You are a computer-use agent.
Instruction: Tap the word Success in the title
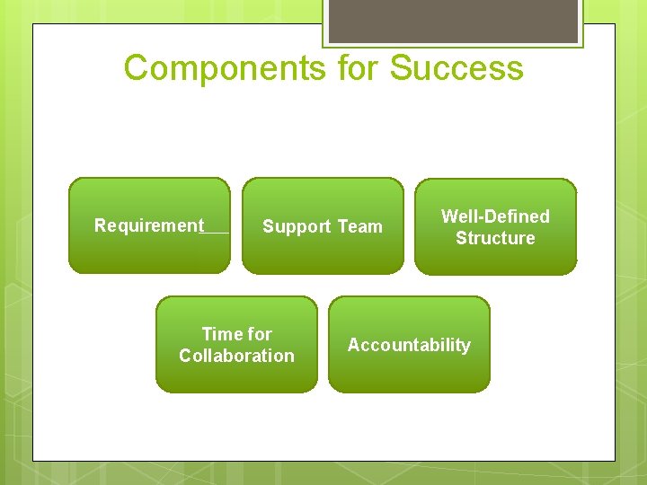(x=456, y=68)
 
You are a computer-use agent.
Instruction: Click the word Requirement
(x=149, y=225)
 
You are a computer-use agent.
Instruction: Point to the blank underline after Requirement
(x=217, y=230)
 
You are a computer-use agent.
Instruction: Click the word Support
(x=297, y=227)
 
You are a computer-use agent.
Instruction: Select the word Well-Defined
(x=495, y=216)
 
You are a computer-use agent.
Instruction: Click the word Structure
(x=495, y=238)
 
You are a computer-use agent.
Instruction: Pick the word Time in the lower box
(x=224, y=334)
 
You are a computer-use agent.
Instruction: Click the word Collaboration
(x=236, y=356)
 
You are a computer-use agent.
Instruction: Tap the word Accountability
(x=409, y=345)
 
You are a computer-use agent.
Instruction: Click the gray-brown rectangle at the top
(x=453, y=20)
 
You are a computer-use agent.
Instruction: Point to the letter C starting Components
(x=136, y=68)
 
